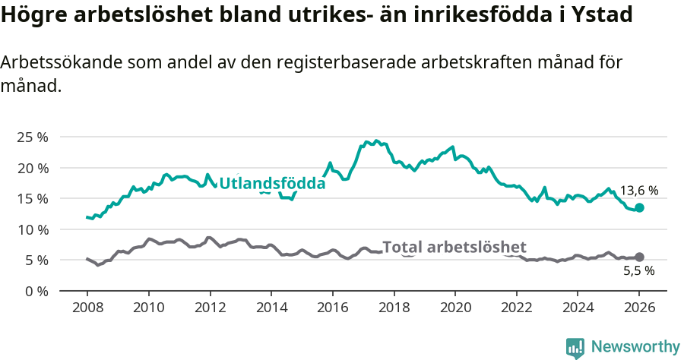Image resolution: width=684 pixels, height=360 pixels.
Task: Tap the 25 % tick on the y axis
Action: [x=32, y=137]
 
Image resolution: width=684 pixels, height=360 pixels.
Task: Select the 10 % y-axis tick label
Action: [x=32, y=229]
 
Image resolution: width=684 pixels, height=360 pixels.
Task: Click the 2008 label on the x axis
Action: [x=87, y=309]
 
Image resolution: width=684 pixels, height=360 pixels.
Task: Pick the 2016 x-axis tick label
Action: [x=332, y=309]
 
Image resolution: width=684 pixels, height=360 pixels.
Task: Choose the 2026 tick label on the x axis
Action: [x=639, y=309]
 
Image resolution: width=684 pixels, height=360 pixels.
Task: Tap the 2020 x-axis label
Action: [x=455, y=309]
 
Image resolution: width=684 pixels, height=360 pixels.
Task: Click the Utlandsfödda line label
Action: [x=272, y=183]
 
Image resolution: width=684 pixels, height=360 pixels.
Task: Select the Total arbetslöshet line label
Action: [x=454, y=247]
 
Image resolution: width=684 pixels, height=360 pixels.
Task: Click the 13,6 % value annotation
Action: [x=639, y=191]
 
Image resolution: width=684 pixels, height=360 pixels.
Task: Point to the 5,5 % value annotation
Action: [x=639, y=270]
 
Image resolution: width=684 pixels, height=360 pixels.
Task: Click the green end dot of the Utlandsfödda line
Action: [x=639, y=207]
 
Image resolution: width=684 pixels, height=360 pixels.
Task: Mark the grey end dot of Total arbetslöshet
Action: [x=639, y=257]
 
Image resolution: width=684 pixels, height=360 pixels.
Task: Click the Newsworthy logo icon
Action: [x=575, y=347]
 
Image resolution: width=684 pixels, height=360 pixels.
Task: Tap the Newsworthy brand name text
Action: [x=635, y=347]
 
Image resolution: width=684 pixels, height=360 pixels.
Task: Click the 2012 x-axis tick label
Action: [x=210, y=309]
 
